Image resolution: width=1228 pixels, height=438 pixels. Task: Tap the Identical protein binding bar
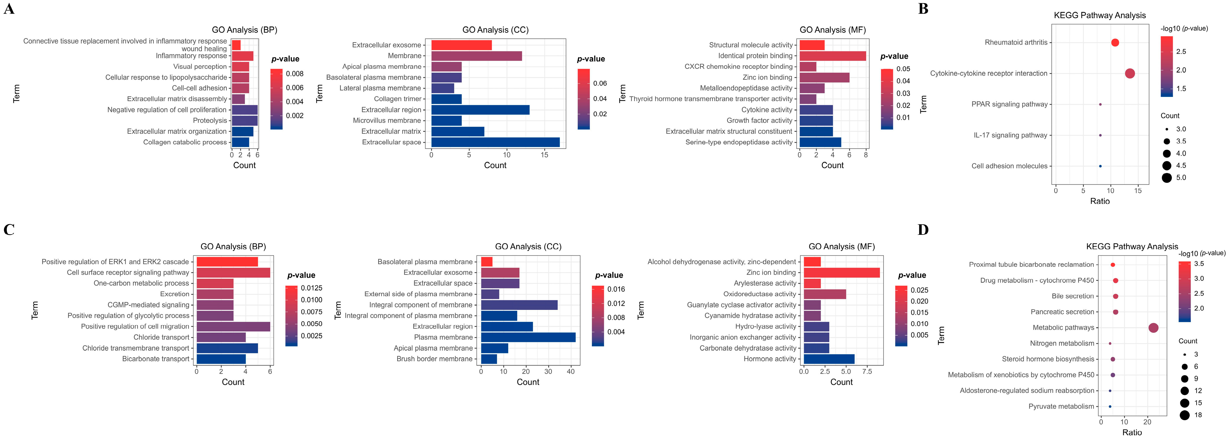coord(832,56)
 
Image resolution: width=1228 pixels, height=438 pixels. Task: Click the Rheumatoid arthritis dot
coord(1115,42)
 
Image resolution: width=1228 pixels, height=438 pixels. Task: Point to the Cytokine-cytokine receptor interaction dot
coord(1129,73)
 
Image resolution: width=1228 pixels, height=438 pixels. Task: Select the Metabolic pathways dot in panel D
coord(1153,328)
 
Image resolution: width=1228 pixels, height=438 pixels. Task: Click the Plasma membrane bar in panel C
coord(528,337)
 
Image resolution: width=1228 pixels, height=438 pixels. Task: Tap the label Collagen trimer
coord(398,99)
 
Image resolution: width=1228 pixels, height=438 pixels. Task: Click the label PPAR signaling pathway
coord(1009,104)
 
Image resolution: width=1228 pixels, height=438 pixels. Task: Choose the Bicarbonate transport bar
coord(221,359)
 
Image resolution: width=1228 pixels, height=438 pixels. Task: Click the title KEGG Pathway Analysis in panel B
coord(1099,15)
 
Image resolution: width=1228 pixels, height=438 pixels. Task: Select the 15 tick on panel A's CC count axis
coord(545,155)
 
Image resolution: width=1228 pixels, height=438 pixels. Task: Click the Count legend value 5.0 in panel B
coord(1181,178)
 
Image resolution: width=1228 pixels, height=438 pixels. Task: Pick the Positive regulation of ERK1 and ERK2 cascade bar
coord(227,262)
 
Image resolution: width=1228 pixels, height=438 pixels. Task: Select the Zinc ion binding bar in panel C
coord(842,272)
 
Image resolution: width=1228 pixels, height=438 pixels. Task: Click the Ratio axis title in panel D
coord(1132,432)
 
